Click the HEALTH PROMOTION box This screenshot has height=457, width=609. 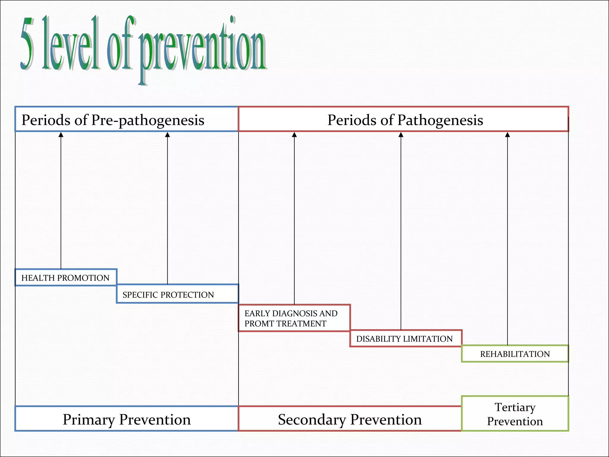[66, 278]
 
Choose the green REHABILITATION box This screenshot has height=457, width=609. [515, 354]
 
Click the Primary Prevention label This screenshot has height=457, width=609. [127, 419]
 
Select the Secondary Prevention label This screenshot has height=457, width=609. [350, 419]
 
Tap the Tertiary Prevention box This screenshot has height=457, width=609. [515, 414]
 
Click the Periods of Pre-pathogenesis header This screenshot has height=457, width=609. [113, 120]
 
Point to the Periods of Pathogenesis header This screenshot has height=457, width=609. [405, 120]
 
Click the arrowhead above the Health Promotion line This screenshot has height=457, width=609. [61, 135]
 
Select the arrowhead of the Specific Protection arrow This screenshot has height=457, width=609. [167, 135]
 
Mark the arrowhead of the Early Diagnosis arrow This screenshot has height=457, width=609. [294, 135]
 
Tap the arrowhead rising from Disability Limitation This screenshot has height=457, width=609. [401, 135]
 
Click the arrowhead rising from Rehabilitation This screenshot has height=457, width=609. [508, 135]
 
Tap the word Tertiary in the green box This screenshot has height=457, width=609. [515, 407]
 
